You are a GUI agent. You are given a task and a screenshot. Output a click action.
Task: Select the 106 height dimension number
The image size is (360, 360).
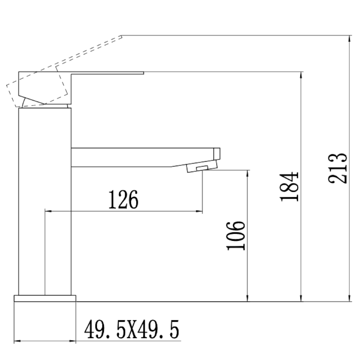236,236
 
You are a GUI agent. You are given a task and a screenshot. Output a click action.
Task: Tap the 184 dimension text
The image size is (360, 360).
289,186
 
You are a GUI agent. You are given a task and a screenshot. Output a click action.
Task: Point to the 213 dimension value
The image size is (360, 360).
338,168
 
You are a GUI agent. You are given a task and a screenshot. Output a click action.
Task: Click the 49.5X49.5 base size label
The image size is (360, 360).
131,330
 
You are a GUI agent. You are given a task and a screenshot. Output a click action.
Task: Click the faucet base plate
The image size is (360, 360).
45,298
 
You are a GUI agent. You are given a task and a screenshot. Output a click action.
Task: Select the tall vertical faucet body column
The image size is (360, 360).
45,200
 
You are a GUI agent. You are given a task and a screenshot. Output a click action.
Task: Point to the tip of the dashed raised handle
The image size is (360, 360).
121,36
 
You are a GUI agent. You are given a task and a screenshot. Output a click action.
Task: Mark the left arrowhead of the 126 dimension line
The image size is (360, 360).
47,212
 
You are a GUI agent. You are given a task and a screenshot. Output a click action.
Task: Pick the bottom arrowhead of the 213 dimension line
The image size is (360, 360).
350,299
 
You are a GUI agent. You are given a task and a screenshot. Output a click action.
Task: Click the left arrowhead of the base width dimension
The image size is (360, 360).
17,341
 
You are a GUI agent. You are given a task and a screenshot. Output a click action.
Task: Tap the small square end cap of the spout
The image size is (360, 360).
217,153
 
